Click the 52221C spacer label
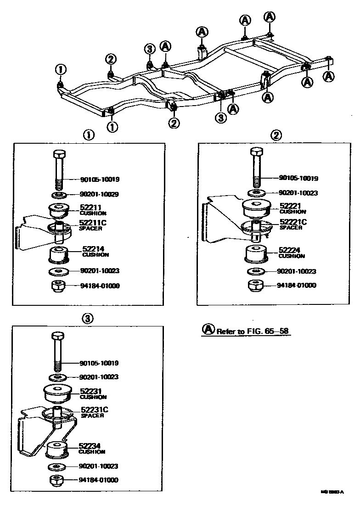tap(293, 224)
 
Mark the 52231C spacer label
tap(95, 412)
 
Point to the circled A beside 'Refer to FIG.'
tap(208, 330)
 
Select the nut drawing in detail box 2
tap(257, 285)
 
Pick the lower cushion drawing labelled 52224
tap(256, 253)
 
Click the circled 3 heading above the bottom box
tap(88, 318)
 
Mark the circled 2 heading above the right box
tap(276, 135)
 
